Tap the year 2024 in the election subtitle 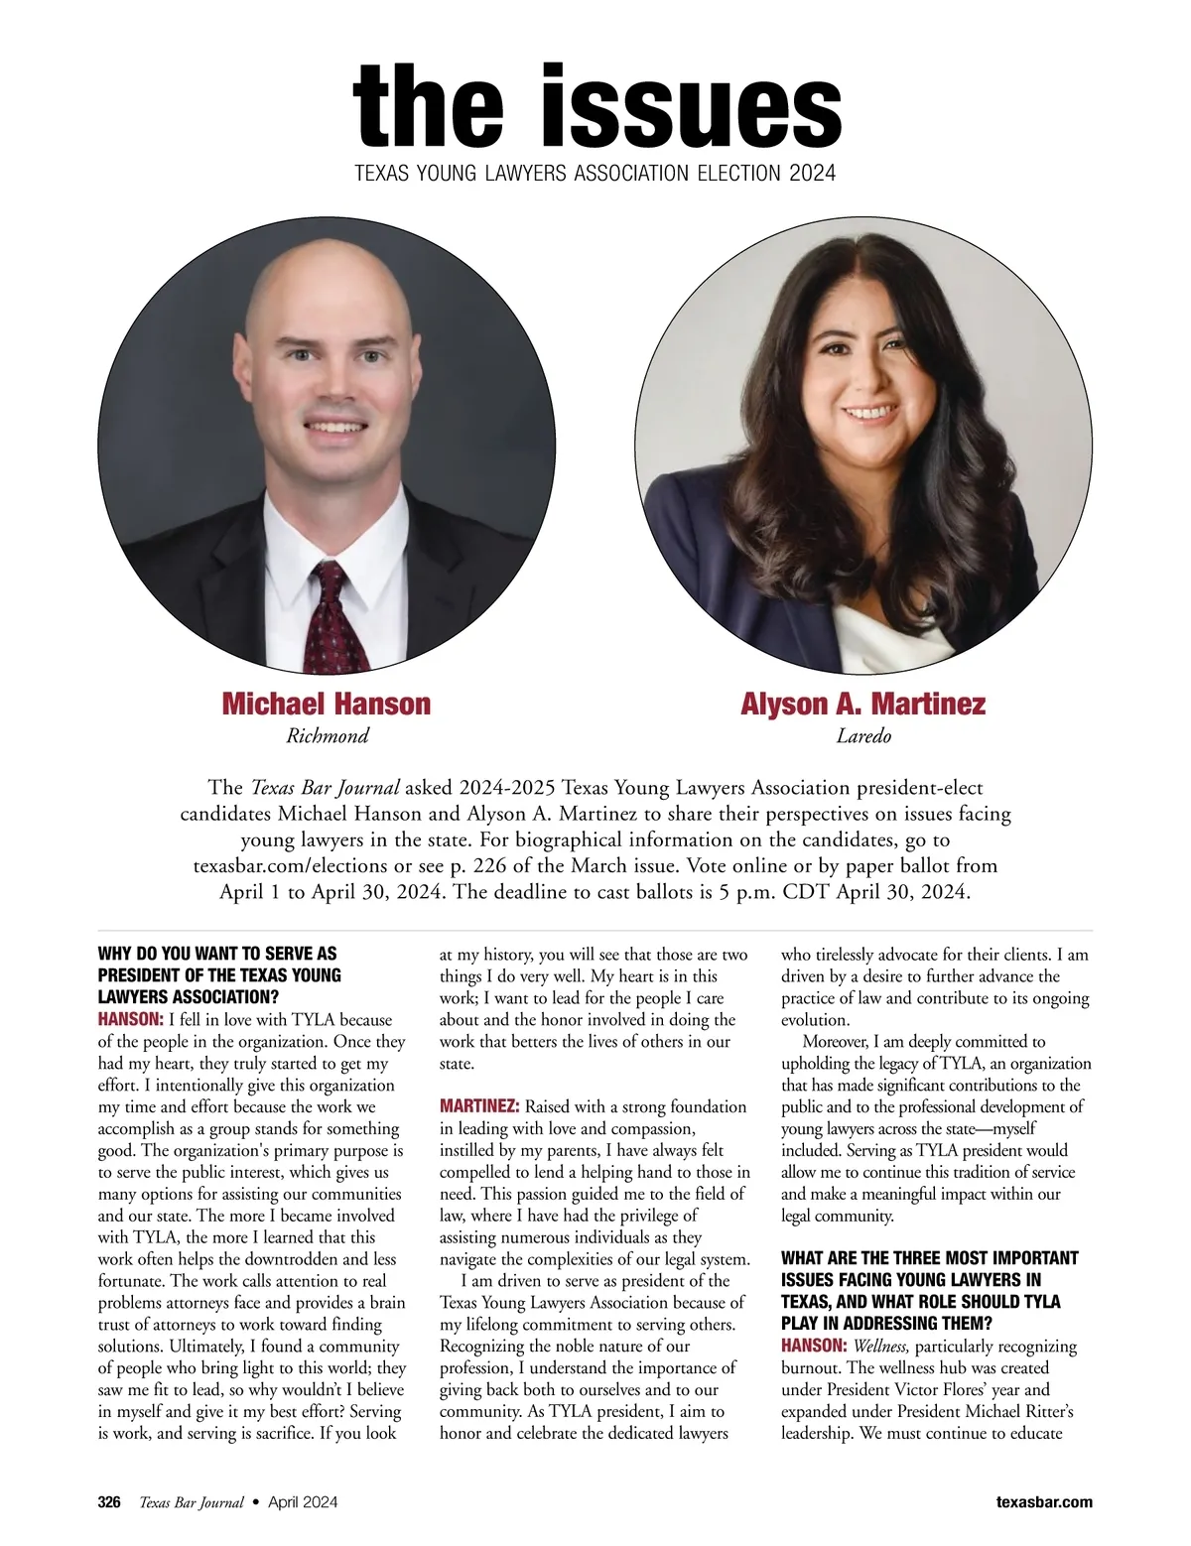812,174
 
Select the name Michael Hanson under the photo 327,704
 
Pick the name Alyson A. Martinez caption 862,704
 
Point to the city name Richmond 328,736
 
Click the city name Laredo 863,736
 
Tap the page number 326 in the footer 109,1502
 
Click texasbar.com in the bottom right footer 1044,1502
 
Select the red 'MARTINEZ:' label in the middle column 479,1106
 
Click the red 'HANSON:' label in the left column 130,1019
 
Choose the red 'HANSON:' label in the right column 814,1347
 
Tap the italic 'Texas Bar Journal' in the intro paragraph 326,788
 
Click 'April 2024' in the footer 303,1502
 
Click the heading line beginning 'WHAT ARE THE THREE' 930,1258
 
